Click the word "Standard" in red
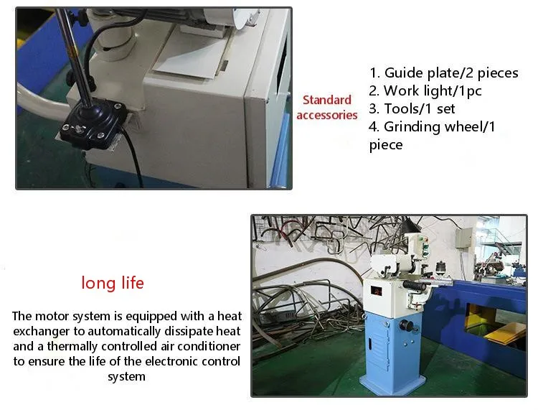coord(326,100)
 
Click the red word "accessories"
coord(326,115)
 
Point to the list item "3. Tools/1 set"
coord(412,109)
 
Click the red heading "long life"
coord(113,283)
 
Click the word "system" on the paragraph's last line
coord(126,376)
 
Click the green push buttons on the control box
coord(425,248)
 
